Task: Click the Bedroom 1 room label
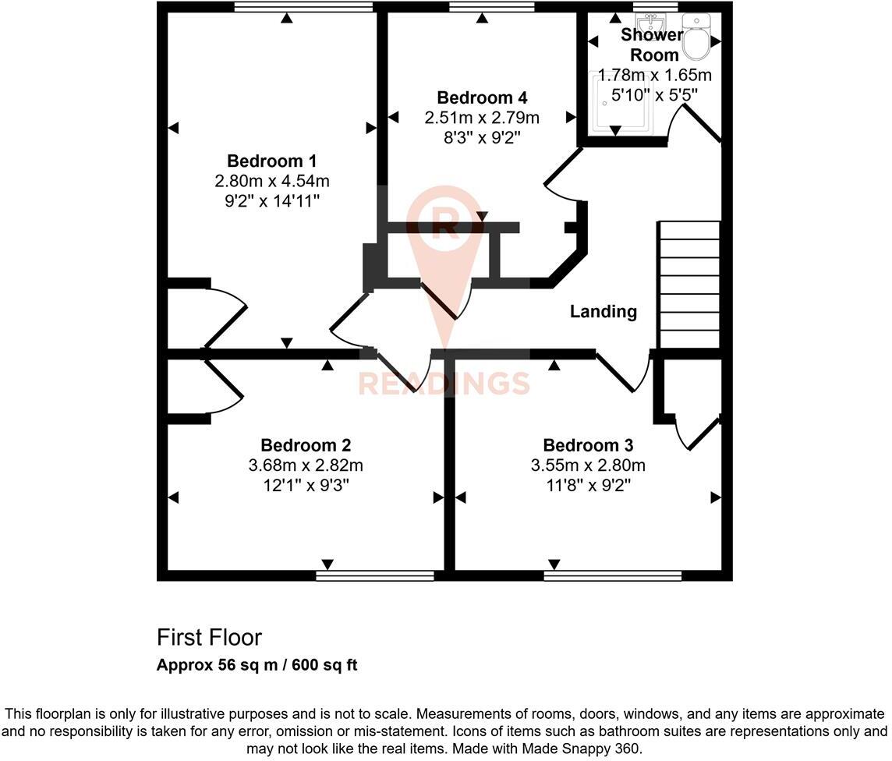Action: tap(271, 161)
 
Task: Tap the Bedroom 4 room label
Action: tap(482, 98)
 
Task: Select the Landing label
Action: tap(603, 312)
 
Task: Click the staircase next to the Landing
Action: tap(689, 285)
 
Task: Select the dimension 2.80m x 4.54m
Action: tap(271, 181)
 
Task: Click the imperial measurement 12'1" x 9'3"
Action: tap(306, 485)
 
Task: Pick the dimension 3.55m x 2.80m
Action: tap(588, 466)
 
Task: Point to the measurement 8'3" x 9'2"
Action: tap(482, 137)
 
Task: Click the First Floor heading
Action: tap(209, 638)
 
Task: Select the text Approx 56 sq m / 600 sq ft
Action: tap(257, 665)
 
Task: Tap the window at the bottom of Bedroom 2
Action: tap(375, 575)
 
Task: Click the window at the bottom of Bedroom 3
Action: tap(613, 575)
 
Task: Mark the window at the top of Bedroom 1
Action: tap(303, 7)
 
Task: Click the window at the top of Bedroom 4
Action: tap(492, 7)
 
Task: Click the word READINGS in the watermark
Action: tap(444, 384)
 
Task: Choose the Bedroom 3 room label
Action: tap(588, 446)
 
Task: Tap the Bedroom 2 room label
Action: tap(306, 446)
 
